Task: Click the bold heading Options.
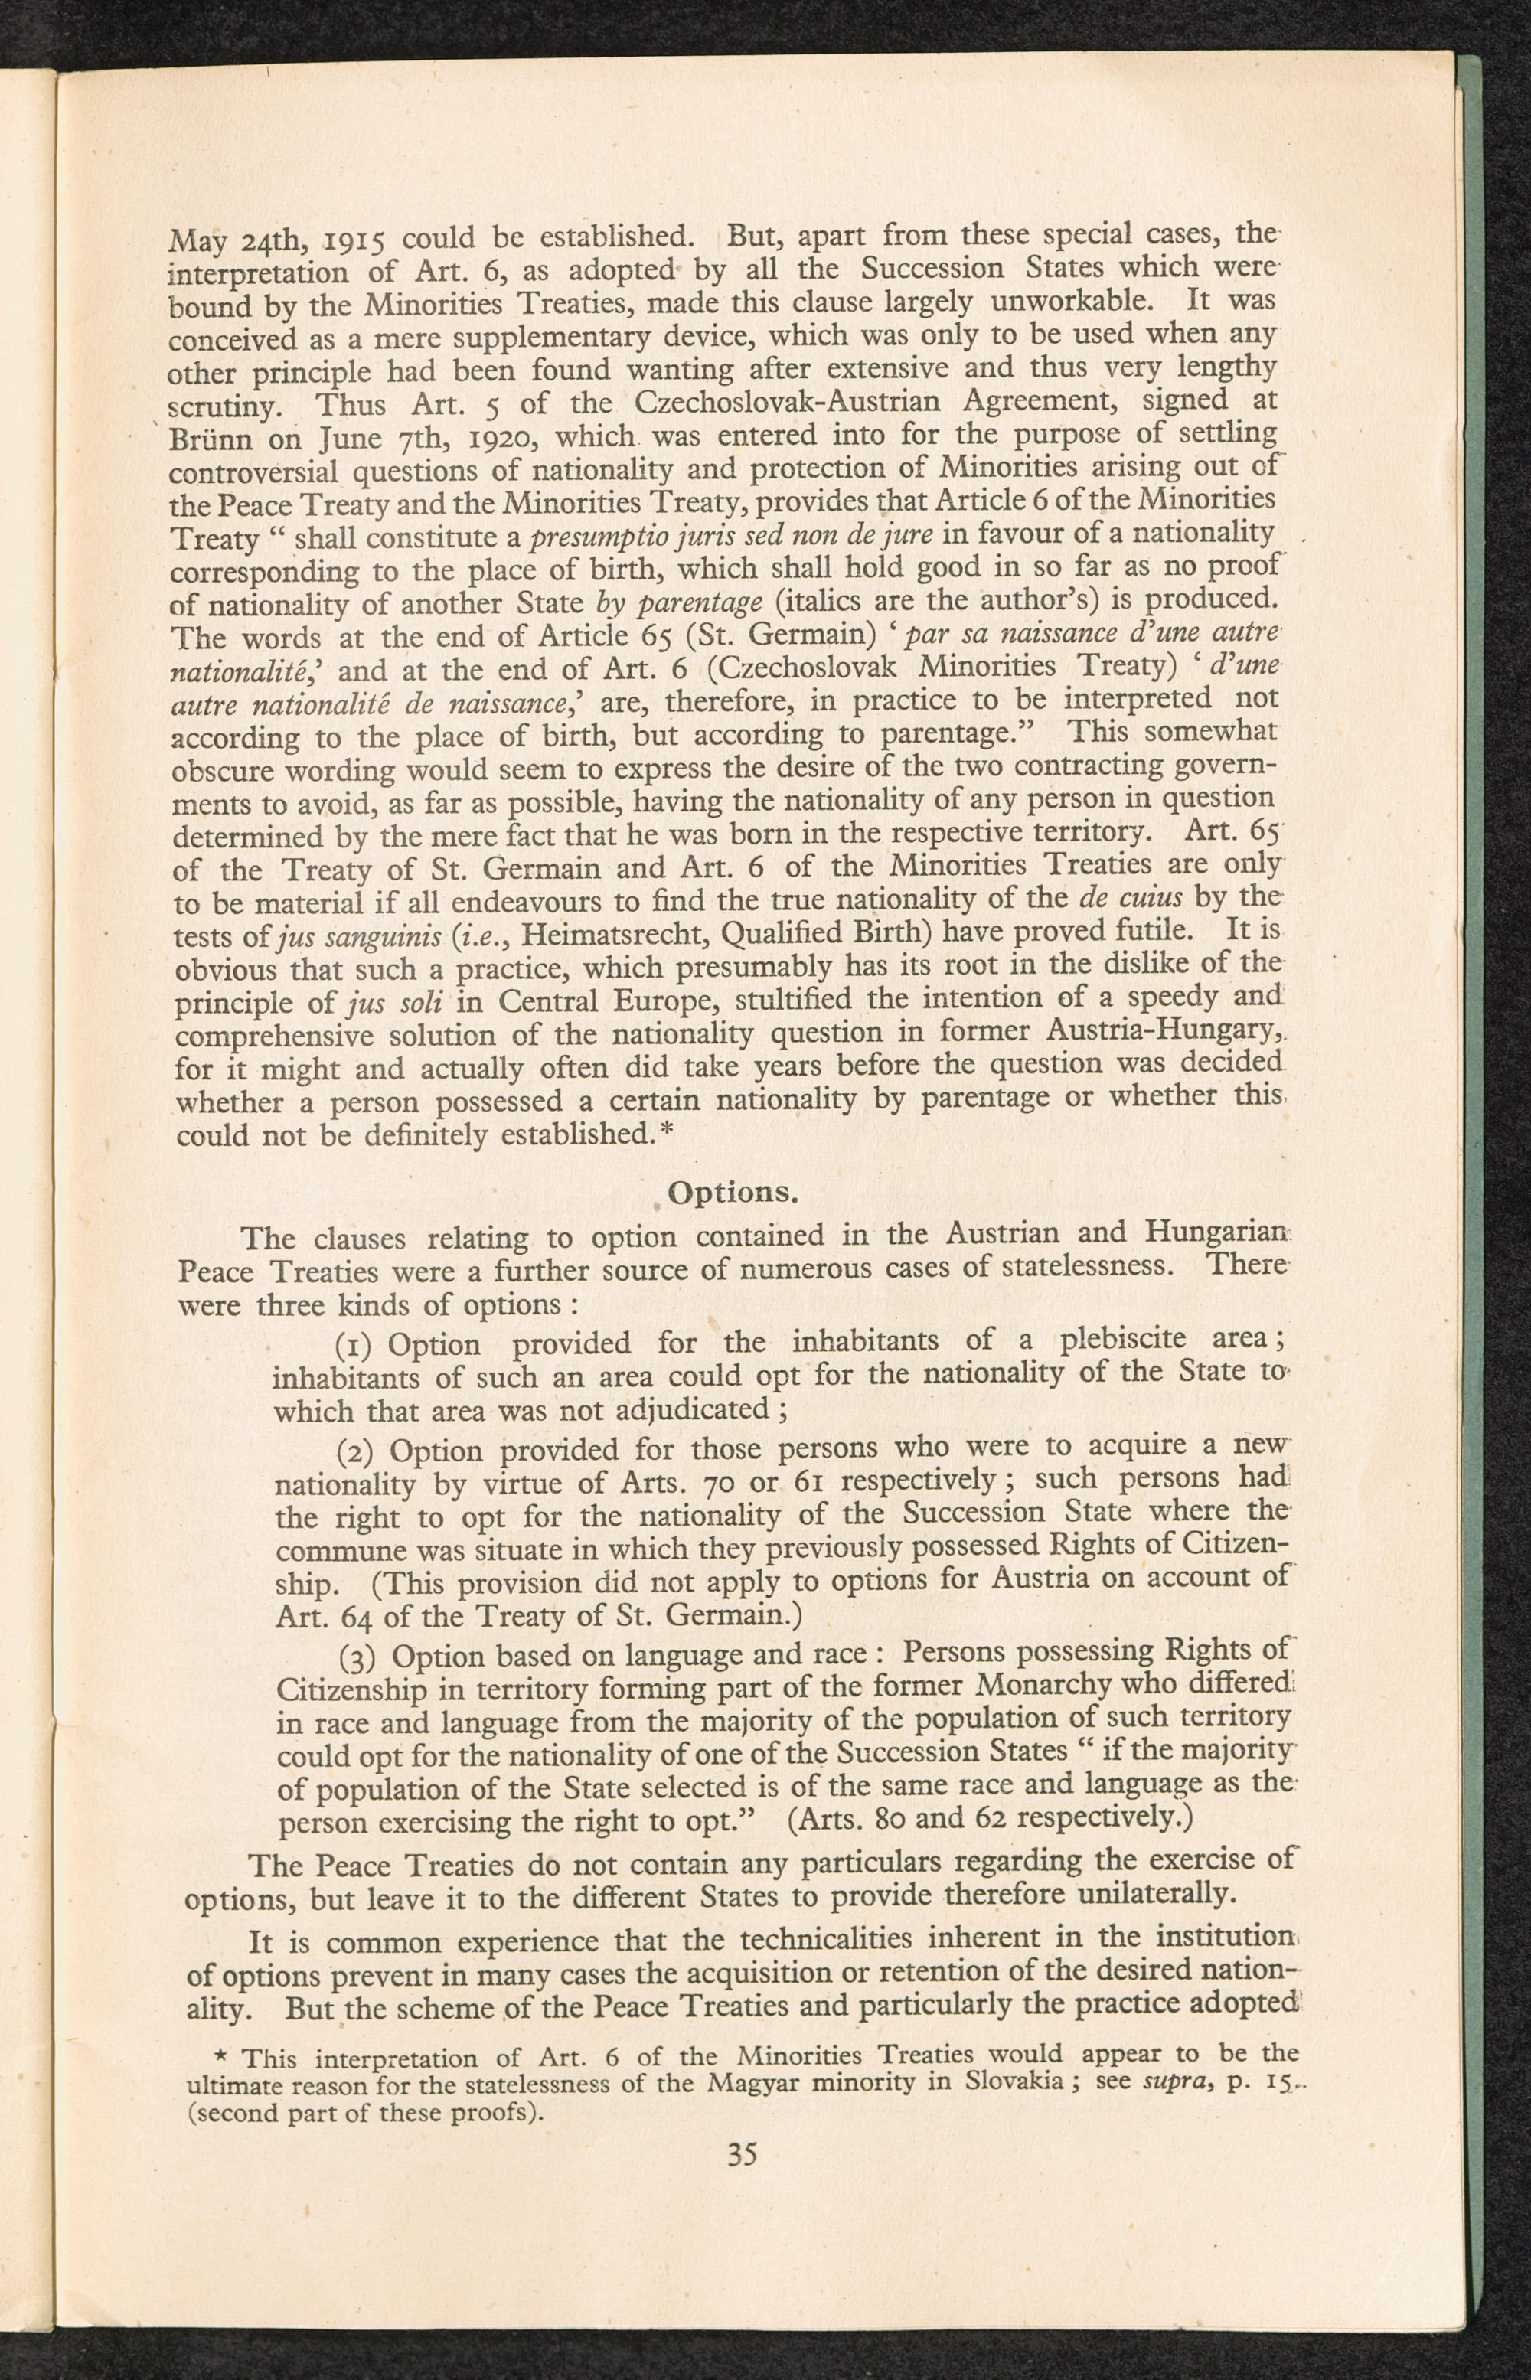[730, 1192]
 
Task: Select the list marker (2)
[356, 1452]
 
